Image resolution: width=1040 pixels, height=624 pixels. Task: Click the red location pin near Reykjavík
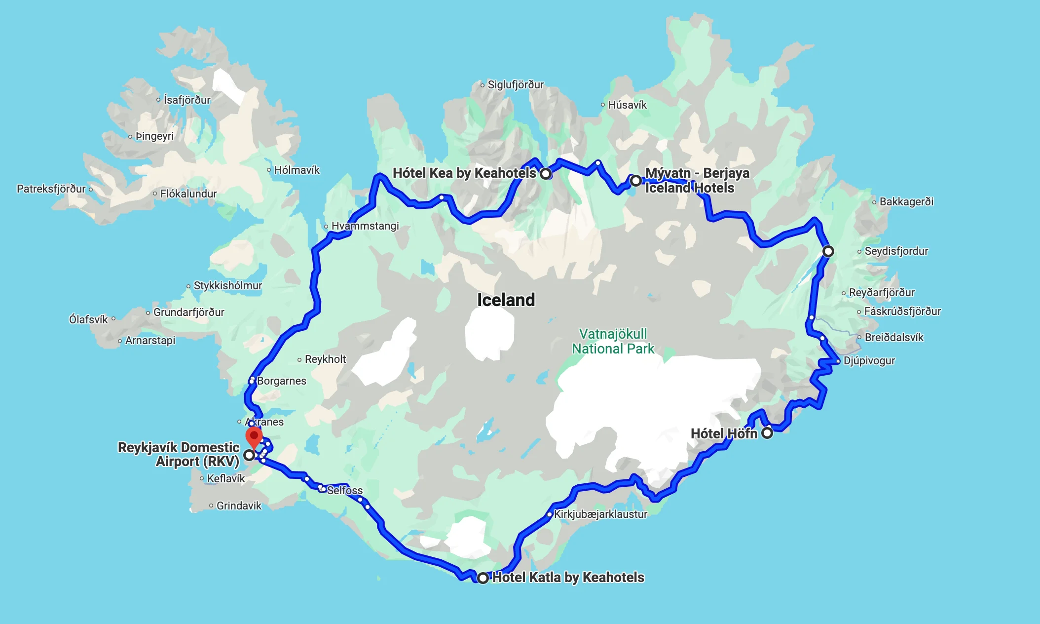254,437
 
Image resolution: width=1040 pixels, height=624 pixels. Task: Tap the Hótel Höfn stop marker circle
767,433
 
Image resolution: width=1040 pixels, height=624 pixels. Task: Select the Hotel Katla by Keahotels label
568,577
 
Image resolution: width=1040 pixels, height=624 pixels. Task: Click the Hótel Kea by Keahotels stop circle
545,174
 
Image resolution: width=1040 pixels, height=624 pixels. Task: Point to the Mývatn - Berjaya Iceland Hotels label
697,180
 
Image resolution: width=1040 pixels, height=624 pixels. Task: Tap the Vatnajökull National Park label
613,341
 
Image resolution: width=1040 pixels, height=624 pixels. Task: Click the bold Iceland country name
506,300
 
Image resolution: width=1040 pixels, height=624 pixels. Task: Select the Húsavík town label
627,105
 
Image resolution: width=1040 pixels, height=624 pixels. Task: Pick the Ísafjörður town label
187,100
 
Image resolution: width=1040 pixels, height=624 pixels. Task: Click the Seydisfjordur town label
896,251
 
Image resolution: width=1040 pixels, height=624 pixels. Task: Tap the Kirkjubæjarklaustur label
600,514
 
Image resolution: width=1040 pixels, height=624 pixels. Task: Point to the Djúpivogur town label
869,360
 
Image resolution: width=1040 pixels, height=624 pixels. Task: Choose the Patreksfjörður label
51,189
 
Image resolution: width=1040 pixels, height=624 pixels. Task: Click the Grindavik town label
239,506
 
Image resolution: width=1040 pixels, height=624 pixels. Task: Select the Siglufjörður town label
516,84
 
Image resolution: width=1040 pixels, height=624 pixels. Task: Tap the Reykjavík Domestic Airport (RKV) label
179,454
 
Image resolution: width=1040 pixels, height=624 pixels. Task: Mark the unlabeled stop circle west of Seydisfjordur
828,251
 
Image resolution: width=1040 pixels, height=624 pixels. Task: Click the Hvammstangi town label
365,226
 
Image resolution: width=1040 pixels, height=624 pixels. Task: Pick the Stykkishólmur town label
227,285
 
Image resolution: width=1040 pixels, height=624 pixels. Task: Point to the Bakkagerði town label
906,201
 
